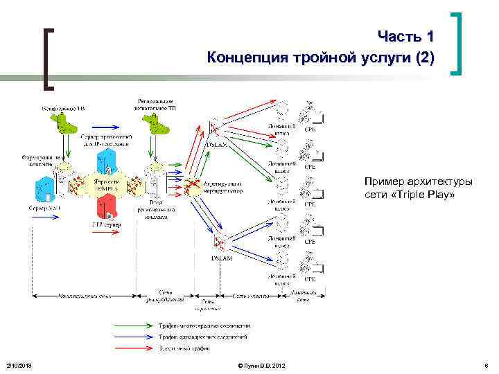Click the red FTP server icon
(x=106, y=206)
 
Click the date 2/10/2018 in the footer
(x=19, y=365)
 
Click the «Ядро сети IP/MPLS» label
(x=106, y=185)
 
